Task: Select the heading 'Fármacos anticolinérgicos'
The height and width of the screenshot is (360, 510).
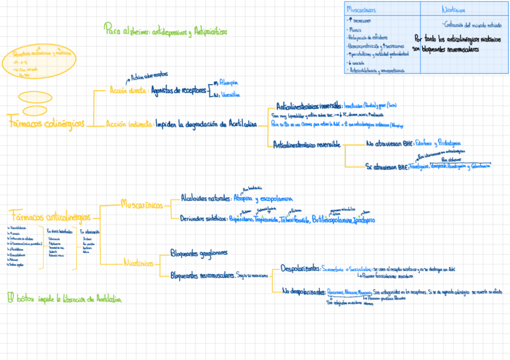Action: click(x=51, y=216)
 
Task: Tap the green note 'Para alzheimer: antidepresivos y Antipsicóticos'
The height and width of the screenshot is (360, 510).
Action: click(x=165, y=31)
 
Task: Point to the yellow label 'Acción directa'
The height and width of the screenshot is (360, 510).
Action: click(x=129, y=91)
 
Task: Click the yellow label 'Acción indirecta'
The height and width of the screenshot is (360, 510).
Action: click(x=129, y=124)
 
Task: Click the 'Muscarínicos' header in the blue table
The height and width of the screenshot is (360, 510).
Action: click(x=362, y=10)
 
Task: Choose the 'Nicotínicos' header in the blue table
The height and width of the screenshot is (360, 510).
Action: click(x=453, y=10)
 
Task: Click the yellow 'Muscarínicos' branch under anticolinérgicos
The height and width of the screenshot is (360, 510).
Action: click(x=141, y=205)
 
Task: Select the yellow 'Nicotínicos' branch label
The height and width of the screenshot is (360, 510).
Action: click(x=139, y=263)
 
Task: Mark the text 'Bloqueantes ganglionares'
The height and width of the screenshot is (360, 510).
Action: click(x=198, y=253)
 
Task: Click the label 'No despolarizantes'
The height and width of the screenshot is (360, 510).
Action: click(x=304, y=292)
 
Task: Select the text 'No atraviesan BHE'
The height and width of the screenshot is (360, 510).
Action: click(x=390, y=144)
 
